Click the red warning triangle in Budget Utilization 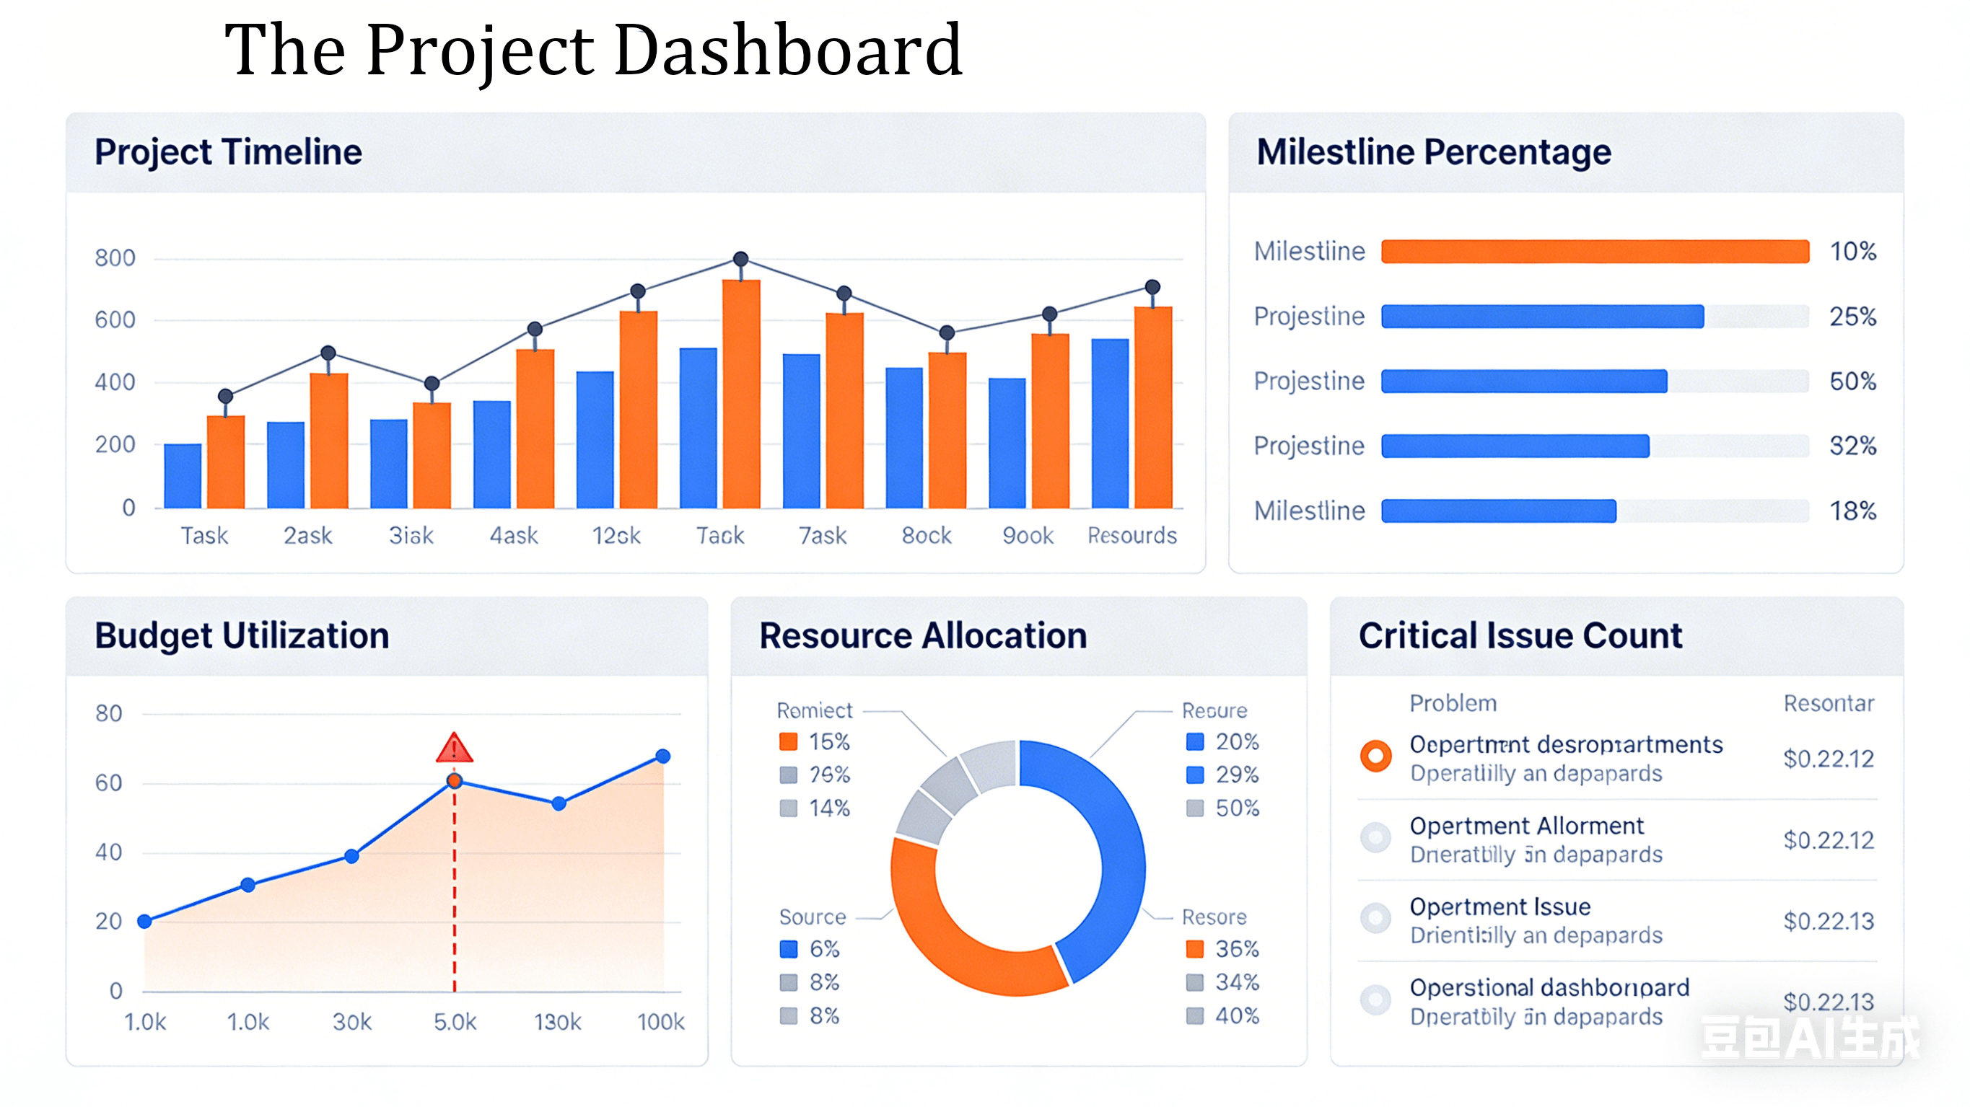point(455,749)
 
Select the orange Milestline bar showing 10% point(1595,252)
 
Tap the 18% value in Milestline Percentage point(1852,511)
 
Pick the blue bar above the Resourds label point(1110,423)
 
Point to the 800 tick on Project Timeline point(115,257)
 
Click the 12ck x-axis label point(616,535)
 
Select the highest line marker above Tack point(740,259)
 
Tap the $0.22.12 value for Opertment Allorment point(1829,840)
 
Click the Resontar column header point(1829,703)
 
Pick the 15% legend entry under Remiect point(815,741)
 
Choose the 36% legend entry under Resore point(1222,949)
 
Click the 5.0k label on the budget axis point(455,1022)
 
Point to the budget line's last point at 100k point(663,756)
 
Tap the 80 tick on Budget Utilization point(108,713)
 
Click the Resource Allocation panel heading point(922,636)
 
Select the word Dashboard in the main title point(788,50)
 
